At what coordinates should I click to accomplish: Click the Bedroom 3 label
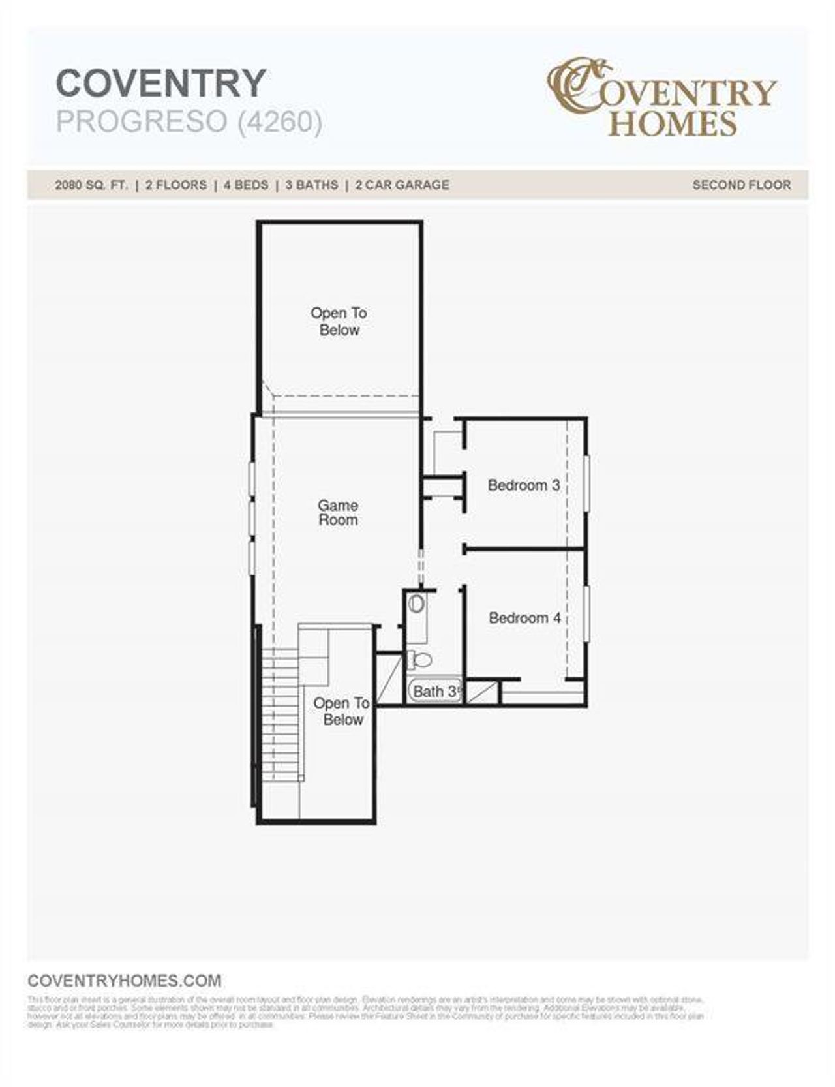click(523, 485)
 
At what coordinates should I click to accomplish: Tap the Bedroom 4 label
click(524, 618)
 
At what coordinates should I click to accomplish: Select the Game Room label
click(338, 513)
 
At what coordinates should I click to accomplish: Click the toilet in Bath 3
click(421, 660)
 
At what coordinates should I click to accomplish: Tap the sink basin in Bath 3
click(416, 604)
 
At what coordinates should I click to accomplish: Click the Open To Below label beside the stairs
click(342, 711)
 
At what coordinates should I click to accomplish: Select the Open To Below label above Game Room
click(339, 322)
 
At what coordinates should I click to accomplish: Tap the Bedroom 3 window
click(587, 482)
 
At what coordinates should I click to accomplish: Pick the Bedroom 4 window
click(587, 613)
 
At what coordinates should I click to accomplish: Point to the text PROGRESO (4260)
click(189, 122)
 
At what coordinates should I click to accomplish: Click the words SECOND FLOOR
click(741, 185)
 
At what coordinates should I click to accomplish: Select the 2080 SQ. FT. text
click(91, 185)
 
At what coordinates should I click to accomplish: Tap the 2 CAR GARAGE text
click(402, 185)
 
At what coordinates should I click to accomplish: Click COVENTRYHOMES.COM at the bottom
click(125, 981)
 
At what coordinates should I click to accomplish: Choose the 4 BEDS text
click(246, 185)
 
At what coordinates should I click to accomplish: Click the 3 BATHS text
click(311, 185)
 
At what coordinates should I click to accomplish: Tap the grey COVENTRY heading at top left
click(161, 83)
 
